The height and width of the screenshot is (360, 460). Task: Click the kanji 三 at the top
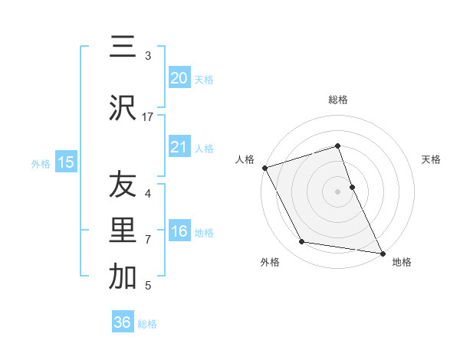click(x=123, y=47)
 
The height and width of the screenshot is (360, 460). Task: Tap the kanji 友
click(x=123, y=185)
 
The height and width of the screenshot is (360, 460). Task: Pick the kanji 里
click(x=123, y=231)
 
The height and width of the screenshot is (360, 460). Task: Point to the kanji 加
click(x=123, y=277)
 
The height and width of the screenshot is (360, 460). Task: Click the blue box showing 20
click(x=179, y=77)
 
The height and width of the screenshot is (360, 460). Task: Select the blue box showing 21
click(x=179, y=147)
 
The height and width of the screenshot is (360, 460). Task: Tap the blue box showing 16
click(x=179, y=231)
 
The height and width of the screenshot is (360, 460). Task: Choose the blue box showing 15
click(x=66, y=162)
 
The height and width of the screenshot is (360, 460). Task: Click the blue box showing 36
click(x=123, y=322)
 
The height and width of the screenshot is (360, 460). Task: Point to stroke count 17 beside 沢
click(x=148, y=117)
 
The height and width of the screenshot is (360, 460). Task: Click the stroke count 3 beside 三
click(x=148, y=55)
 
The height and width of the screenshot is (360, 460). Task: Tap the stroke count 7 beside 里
click(x=148, y=240)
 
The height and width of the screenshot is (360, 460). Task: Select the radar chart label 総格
click(x=338, y=100)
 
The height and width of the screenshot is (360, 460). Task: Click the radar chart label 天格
click(x=431, y=159)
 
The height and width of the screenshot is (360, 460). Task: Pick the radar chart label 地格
click(x=402, y=262)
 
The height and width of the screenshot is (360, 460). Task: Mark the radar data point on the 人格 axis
click(x=265, y=167)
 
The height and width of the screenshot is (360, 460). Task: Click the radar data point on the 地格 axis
click(x=382, y=252)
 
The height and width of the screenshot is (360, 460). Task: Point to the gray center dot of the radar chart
click(x=338, y=191)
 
